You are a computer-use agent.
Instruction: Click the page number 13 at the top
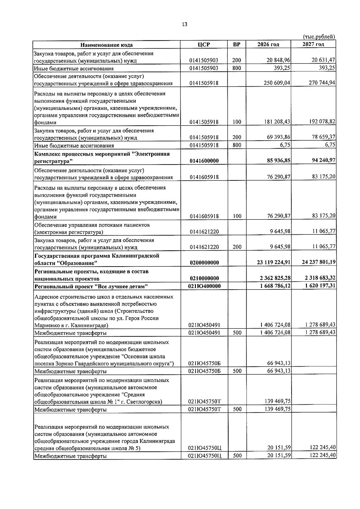[184, 25]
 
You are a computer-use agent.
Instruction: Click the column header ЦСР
[204, 45]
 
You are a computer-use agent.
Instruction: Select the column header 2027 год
[313, 44]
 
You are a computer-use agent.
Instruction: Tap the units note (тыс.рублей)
[319, 37]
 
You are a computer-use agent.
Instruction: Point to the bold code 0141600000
[204, 161]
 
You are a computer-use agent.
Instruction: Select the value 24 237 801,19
[319, 262]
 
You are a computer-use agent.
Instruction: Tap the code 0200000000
[204, 263]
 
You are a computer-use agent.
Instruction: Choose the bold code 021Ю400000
[204, 286]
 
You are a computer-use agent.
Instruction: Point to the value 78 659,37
[323, 137]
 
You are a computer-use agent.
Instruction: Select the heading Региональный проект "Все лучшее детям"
[91, 287]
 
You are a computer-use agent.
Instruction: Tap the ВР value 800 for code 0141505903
[236, 68]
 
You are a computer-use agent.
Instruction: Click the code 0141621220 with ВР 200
[204, 247]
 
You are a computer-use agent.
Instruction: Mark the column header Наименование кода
[106, 45]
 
